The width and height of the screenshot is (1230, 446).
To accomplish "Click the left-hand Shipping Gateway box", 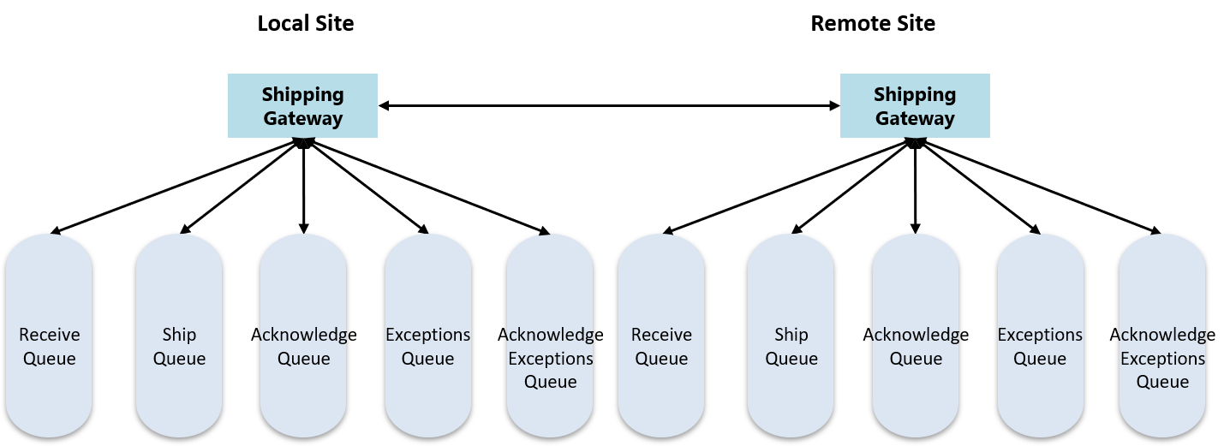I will click(302, 105).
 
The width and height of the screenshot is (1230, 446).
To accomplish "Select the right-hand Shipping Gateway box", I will click(915, 105).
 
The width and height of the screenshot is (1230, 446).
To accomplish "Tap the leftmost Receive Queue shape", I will click(49, 336).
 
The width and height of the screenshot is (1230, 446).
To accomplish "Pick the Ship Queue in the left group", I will click(179, 336).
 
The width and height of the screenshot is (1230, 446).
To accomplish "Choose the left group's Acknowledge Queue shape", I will click(303, 336).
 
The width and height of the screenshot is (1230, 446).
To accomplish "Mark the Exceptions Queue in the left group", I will click(427, 336).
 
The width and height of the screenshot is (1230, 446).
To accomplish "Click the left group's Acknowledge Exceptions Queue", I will click(550, 336).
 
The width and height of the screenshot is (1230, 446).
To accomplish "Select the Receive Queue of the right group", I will click(661, 336).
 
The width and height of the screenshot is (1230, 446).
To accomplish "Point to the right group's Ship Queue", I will click(791, 336).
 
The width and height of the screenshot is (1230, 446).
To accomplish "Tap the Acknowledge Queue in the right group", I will click(916, 336).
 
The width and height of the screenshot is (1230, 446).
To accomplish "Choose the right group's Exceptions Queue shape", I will click(1040, 336).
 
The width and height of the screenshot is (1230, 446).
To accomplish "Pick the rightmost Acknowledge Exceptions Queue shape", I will click(1162, 336).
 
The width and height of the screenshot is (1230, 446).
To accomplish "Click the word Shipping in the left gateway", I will click(302, 94).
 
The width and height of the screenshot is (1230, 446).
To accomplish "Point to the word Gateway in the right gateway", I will click(915, 118).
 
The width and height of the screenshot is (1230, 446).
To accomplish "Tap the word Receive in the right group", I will click(661, 335).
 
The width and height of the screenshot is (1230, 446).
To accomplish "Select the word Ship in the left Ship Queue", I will click(179, 335).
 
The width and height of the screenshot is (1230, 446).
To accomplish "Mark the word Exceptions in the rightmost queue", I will click(1162, 359).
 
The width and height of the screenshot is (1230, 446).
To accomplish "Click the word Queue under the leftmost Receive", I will click(49, 359).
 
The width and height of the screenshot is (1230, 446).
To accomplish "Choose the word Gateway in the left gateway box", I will click(302, 118).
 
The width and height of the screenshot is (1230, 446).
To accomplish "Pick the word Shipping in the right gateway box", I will click(915, 94).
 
